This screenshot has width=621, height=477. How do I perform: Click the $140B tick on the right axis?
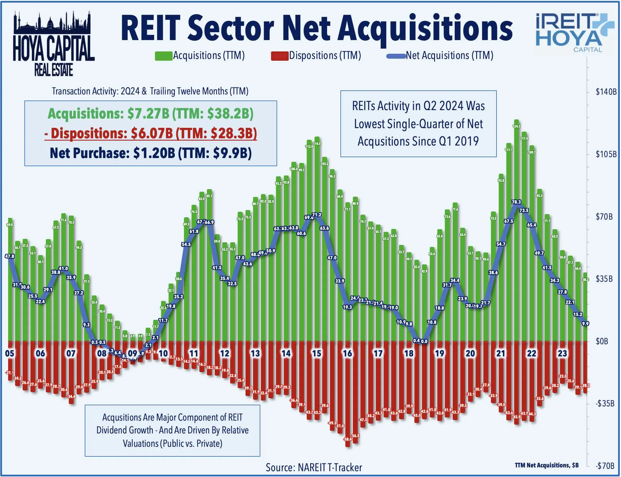tap(606, 92)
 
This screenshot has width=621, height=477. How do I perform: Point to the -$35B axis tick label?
tap(605, 404)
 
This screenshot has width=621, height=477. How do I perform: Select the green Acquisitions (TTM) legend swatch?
tap(164, 56)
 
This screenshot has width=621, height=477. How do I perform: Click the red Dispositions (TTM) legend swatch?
tap(280, 56)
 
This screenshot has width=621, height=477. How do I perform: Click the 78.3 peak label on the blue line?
tap(516, 202)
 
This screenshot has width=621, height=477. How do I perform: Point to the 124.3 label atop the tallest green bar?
tap(517, 126)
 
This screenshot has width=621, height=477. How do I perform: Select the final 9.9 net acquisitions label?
tap(585, 323)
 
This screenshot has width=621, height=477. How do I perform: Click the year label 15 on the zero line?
tap(316, 354)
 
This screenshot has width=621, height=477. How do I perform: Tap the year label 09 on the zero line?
tap(132, 354)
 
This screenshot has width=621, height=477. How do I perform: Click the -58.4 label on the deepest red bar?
tap(347, 439)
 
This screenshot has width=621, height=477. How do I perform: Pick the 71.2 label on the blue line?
tap(317, 215)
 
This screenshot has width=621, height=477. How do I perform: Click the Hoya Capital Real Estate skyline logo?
tap(54, 44)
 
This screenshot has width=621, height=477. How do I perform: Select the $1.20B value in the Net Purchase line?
tap(154, 153)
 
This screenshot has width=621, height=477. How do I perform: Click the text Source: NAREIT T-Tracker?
tap(314, 467)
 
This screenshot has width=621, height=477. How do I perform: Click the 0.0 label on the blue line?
tap(424, 341)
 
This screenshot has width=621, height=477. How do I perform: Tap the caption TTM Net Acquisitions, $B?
tap(546, 465)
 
